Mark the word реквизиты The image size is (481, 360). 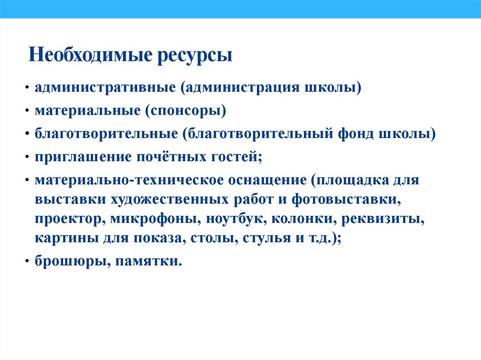pyautogui.click(x=386, y=219)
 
